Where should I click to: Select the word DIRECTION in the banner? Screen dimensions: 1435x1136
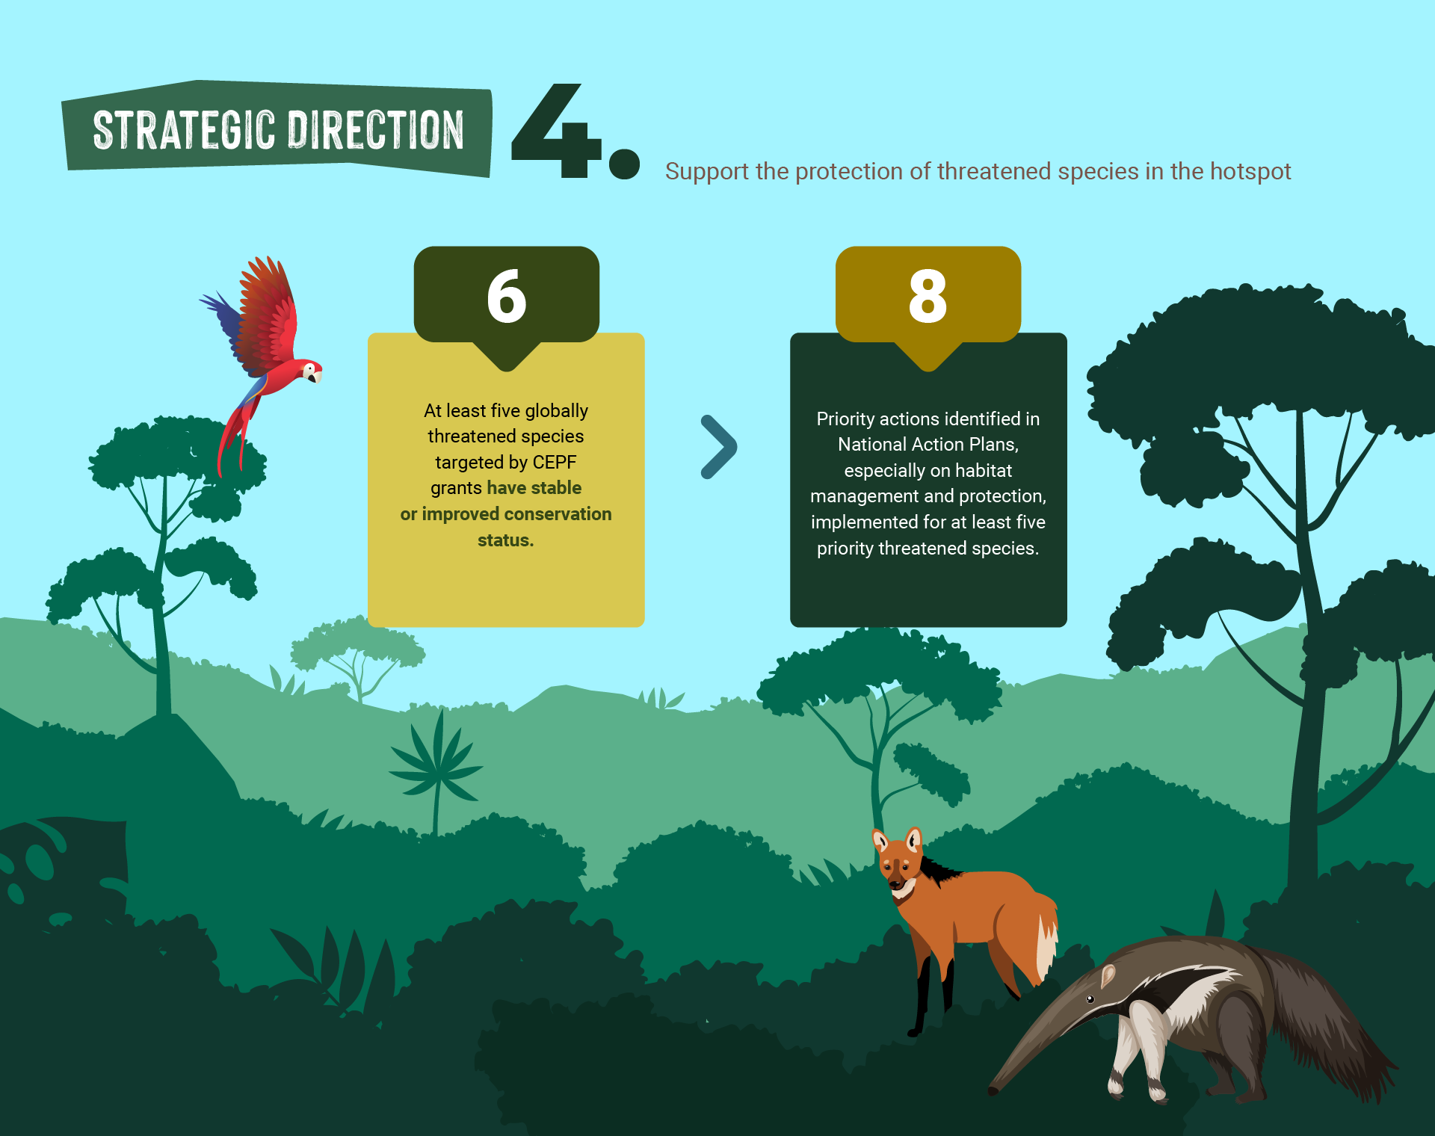pyautogui.click(x=376, y=130)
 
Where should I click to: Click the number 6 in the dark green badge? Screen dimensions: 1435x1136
pyautogui.click(x=507, y=296)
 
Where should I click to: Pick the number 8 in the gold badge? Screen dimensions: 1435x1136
pyautogui.click(x=928, y=296)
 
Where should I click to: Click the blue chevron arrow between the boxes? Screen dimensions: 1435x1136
pyautogui.click(x=720, y=447)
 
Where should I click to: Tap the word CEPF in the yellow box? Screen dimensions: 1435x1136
pyautogui.click(x=555, y=463)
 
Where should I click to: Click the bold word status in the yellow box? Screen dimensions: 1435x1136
pyautogui.click(x=506, y=540)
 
